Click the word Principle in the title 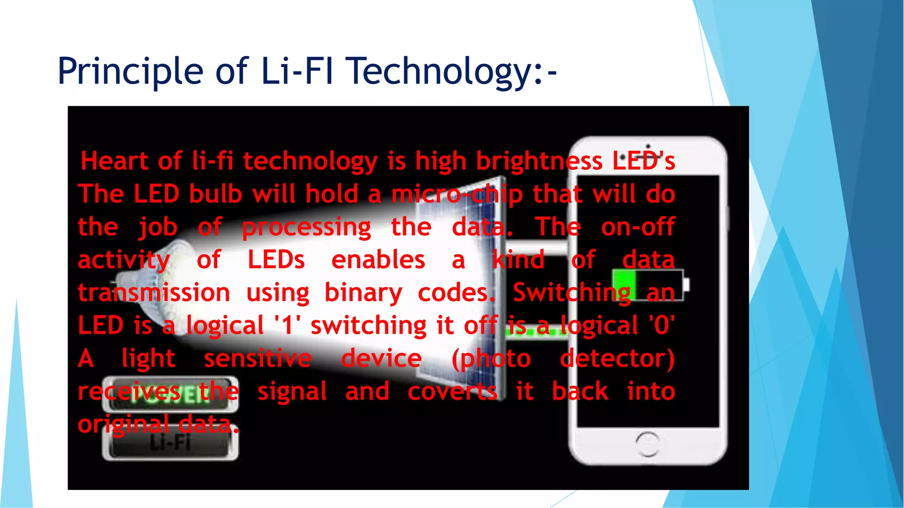tap(130, 71)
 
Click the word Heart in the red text tap(114, 161)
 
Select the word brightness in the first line tap(539, 161)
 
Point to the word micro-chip tap(457, 194)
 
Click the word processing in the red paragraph tap(306, 228)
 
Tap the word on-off tap(637, 227)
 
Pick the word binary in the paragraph tap(363, 293)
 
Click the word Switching tap(571, 293)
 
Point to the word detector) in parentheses tap(617, 358)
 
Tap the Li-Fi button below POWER tap(170, 443)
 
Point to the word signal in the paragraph tap(292, 391)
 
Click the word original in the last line tap(123, 425)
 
